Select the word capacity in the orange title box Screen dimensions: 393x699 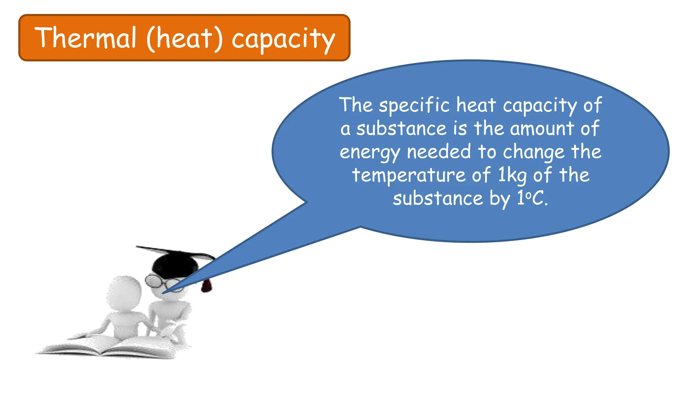pyautogui.click(x=283, y=39)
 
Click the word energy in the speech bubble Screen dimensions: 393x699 pyautogui.click(x=370, y=152)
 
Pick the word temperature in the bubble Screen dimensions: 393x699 pyautogui.click(x=409, y=175)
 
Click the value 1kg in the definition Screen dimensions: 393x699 pyautogui.click(x=512, y=175)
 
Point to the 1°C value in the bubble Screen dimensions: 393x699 pyautogui.click(x=532, y=198)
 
